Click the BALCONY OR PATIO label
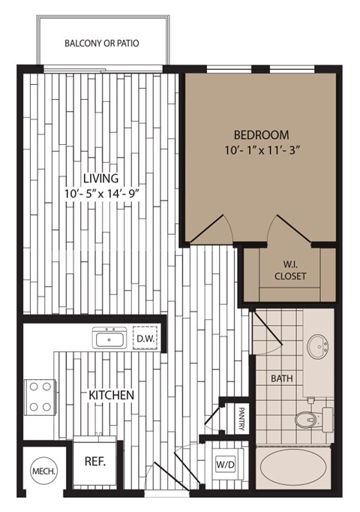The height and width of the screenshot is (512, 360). click(101, 43)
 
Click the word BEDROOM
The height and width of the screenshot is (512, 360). click(261, 135)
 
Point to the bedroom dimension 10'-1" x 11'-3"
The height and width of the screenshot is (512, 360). click(261, 150)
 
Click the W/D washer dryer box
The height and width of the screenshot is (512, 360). click(226, 464)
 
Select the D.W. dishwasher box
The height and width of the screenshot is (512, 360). click(145, 339)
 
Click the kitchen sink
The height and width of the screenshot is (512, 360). click(110, 339)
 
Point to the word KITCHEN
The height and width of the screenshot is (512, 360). click(112, 394)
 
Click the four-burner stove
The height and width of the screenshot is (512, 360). click(41, 397)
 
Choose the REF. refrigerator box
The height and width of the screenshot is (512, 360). click(94, 462)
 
